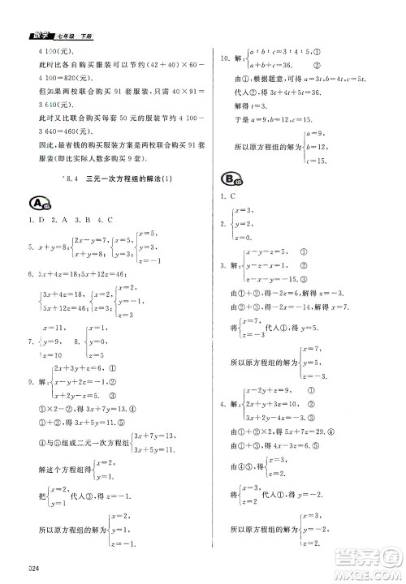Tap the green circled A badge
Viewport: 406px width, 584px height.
point(37,202)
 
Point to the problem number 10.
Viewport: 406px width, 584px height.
point(225,58)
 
